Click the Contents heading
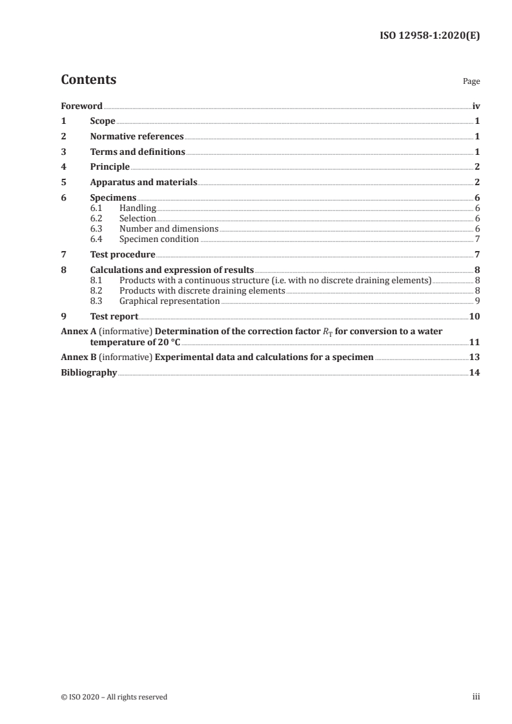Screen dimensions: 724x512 [x=88, y=80]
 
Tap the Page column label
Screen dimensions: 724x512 [x=471, y=82]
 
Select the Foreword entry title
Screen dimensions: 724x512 [x=81, y=106]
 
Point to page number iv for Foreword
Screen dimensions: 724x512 [x=476, y=106]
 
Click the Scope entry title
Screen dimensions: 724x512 [x=103, y=121]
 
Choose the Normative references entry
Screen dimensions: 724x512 [x=137, y=137]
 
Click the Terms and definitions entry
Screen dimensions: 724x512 [x=138, y=152]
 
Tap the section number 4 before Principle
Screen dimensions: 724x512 [x=63, y=167]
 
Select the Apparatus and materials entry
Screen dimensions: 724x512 [x=143, y=183]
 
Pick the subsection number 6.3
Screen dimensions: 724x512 [x=96, y=229]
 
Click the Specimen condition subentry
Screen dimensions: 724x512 [x=159, y=239]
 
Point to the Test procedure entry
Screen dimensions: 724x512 [x=123, y=255]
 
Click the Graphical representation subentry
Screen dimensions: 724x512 [x=170, y=301]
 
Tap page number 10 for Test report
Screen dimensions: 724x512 [x=474, y=316]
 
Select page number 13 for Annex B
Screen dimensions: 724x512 [x=474, y=357]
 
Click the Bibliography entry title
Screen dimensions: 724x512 [x=88, y=372]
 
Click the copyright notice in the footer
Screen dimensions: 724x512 [x=114, y=697]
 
